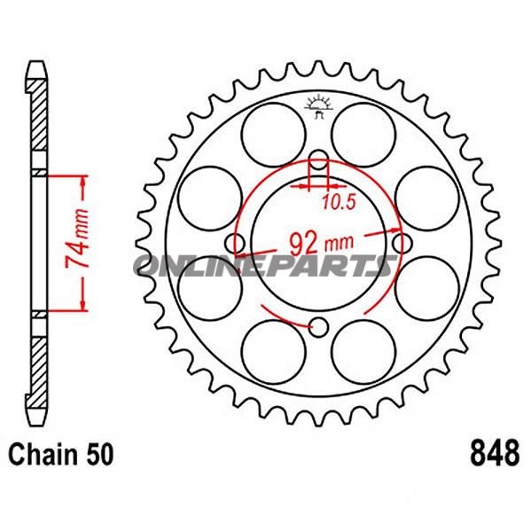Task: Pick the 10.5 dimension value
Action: [338, 202]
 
